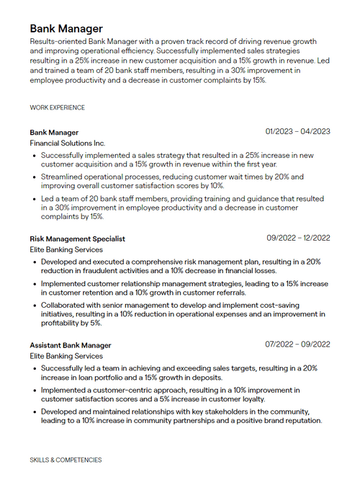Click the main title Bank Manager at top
(x=66, y=29)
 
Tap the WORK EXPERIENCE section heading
(x=57, y=107)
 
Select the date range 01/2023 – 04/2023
(x=297, y=131)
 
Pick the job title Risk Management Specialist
(x=77, y=239)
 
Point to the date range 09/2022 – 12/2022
(x=298, y=238)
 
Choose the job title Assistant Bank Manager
(x=71, y=345)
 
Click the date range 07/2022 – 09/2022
(x=297, y=345)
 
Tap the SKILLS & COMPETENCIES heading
(x=66, y=459)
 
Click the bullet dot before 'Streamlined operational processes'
(x=34, y=177)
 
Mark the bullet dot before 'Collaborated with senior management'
(x=34, y=305)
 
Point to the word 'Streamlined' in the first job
(x=62, y=177)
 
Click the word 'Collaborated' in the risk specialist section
(x=64, y=305)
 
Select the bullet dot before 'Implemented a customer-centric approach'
(x=34, y=390)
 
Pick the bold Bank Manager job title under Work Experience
(x=54, y=133)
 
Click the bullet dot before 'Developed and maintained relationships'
(x=34, y=412)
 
